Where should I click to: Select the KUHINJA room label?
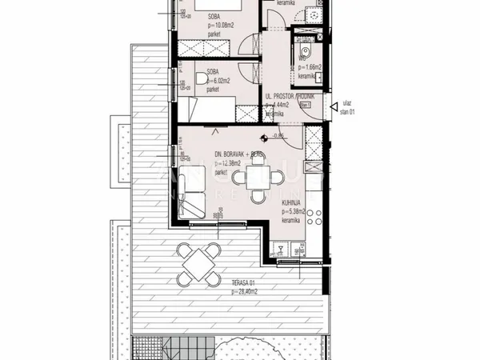(290, 203)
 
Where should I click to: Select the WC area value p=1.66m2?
(309, 67)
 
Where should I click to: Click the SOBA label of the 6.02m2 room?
(214, 73)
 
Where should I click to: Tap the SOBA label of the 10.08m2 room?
(214, 16)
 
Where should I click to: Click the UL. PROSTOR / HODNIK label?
(290, 96)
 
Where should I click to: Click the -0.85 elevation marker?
(279, 135)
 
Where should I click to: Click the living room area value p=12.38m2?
(228, 162)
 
